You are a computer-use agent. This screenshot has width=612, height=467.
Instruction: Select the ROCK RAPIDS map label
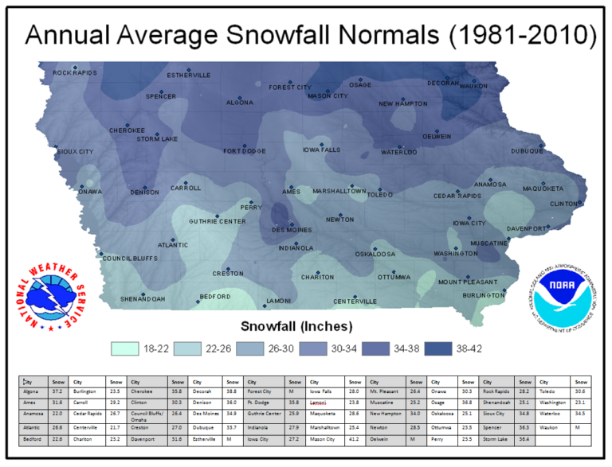75,73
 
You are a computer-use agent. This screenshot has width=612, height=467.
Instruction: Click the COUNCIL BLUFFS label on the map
130,259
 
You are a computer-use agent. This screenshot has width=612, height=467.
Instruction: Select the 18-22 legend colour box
126,348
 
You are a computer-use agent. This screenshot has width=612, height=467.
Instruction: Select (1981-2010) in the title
520,35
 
